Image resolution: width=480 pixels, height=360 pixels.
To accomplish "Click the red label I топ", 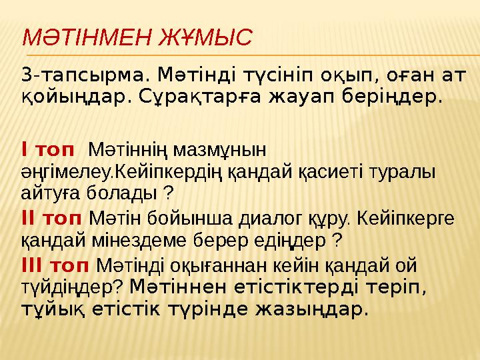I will click(x=47, y=146).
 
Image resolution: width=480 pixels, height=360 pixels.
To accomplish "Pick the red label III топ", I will click(x=55, y=265).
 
